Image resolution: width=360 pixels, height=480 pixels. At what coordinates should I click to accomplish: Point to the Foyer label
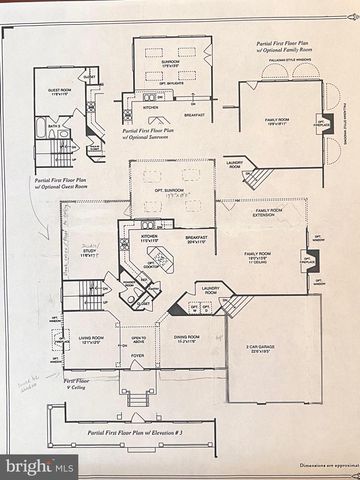[x=137, y=355]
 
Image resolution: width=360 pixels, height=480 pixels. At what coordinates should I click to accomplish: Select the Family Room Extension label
[x=270, y=213]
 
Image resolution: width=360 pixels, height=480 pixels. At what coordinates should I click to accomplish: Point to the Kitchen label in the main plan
[x=150, y=239]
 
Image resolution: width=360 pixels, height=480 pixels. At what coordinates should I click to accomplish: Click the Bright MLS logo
[x=38, y=465]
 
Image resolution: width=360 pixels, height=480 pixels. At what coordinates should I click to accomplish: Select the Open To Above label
[x=138, y=339]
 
